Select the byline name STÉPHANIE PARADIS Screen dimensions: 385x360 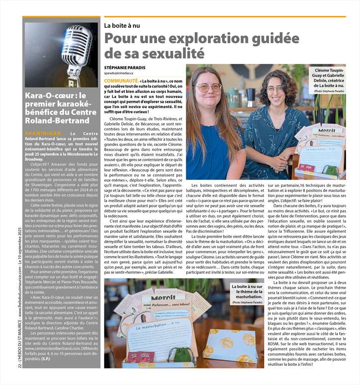(124, 66)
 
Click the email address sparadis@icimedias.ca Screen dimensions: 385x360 (122, 73)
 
